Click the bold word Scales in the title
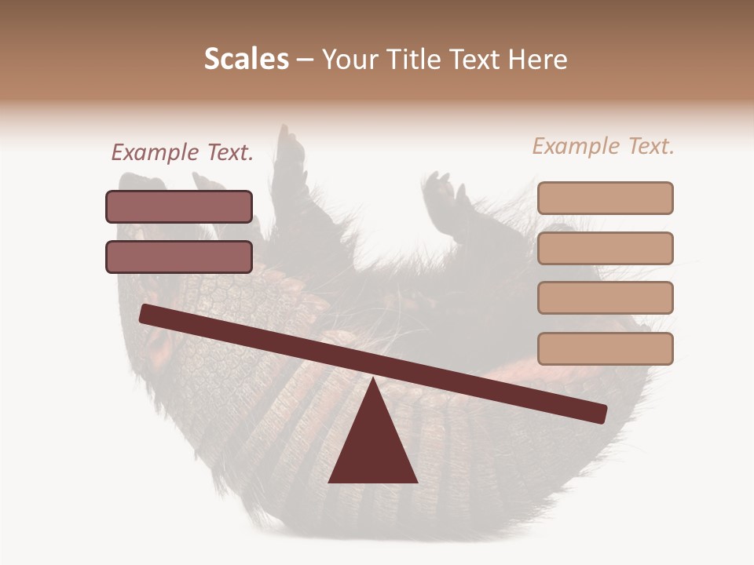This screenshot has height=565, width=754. (246, 60)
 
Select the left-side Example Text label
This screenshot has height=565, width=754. (182, 153)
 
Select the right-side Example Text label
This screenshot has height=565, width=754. (603, 146)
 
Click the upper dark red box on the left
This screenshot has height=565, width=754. (179, 206)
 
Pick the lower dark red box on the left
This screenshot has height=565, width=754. (179, 257)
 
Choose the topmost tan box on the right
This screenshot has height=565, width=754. (605, 198)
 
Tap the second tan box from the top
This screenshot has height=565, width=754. (605, 248)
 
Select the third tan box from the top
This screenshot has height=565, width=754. (605, 297)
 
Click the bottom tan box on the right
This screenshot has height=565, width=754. (605, 348)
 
